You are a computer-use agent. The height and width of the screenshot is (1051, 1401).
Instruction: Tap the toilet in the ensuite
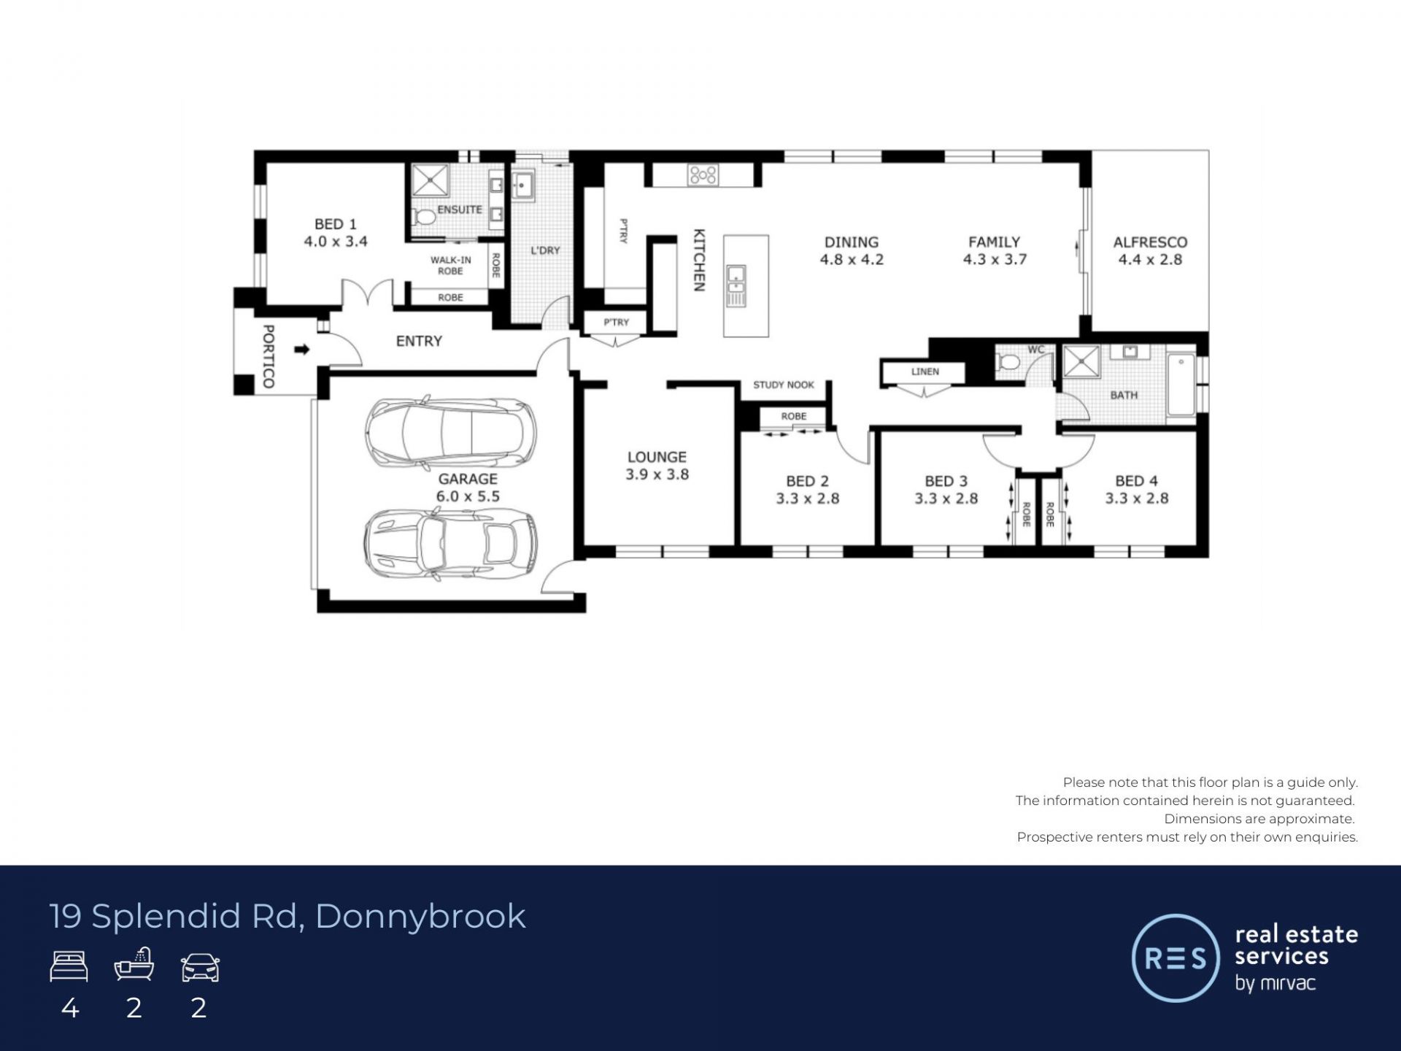point(423,217)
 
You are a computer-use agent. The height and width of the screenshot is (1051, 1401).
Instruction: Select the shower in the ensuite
point(431,180)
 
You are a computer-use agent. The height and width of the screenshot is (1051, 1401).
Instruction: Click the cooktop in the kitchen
point(703,174)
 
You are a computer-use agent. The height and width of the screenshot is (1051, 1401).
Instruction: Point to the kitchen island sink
point(736,286)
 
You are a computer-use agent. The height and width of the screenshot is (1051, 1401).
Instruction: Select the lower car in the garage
point(450,543)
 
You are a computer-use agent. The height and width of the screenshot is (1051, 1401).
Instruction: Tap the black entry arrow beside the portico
point(301,350)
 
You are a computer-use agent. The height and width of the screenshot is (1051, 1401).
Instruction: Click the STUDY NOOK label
point(784,385)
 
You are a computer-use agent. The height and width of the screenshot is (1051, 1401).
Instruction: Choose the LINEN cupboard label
point(925,371)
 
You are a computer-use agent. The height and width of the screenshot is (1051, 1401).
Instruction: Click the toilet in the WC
point(1008,362)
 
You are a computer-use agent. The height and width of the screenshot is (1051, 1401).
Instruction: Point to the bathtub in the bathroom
point(1181,385)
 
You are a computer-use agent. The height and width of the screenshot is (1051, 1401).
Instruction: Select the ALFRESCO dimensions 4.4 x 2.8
point(1150,259)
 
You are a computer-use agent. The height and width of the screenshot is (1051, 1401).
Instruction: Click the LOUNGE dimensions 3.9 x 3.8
point(657,474)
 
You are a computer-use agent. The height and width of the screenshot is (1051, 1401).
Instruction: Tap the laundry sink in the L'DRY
point(523,185)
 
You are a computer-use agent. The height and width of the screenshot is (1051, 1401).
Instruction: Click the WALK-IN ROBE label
point(451,265)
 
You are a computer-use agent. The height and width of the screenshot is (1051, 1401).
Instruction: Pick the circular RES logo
point(1176,958)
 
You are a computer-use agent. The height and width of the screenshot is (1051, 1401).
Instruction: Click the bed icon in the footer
point(69,966)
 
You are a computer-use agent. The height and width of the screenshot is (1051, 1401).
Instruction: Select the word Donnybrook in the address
point(420,917)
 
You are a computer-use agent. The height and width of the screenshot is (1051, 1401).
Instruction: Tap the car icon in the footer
point(200,968)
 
